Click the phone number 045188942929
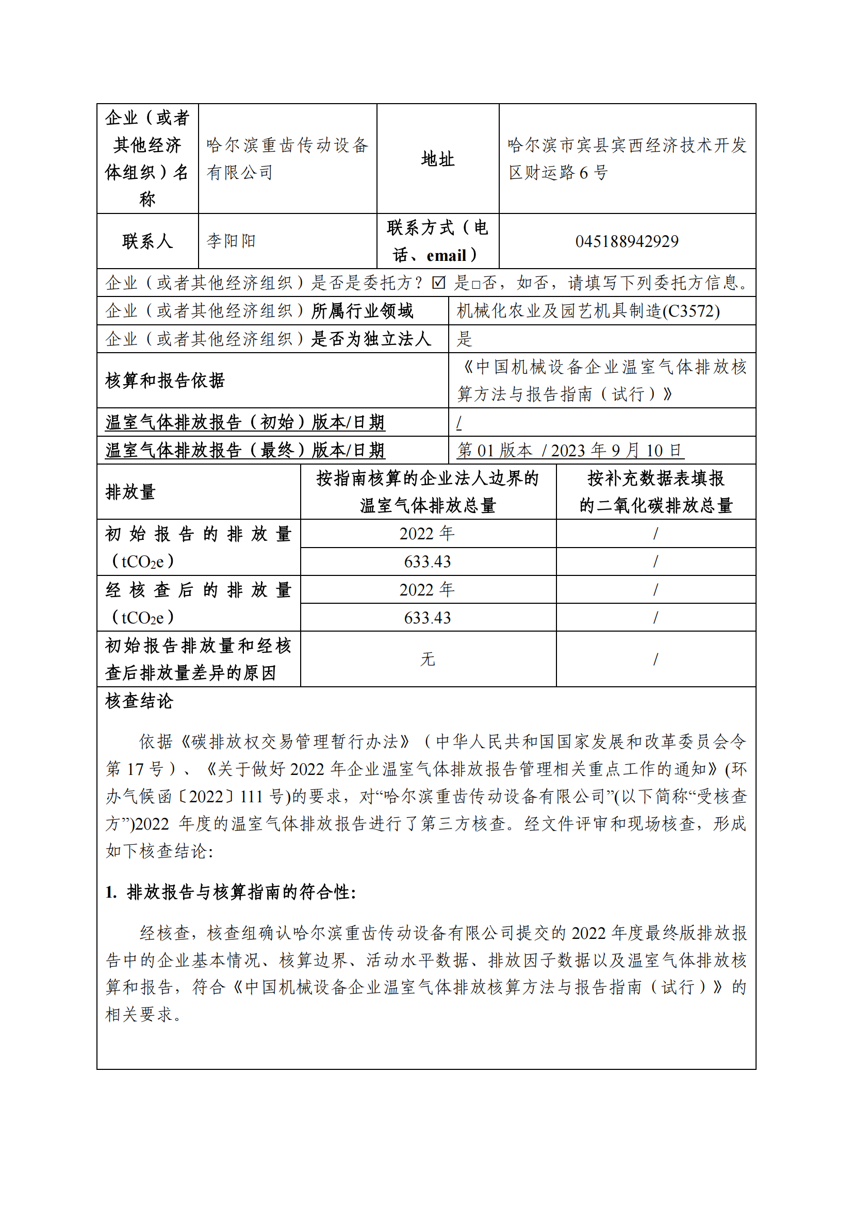coord(627,241)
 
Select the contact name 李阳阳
coord(231,241)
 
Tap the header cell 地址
coord(437,159)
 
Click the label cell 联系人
coord(147,241)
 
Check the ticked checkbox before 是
coord(438,283)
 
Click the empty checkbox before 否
coord(476,285)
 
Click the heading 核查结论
coord(139,701)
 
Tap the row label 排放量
coord(131,492)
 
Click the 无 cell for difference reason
coord(428,658)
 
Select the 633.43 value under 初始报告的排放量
coord(428,561)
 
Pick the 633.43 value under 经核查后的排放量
coord(428,618)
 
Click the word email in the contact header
coord(447,256)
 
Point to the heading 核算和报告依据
coord(165,381)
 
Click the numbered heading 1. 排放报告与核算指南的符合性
coord(231,892)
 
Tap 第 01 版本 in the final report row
coord(495,450)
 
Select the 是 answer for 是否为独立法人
coord(465,339)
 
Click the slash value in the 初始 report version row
coord(459,422)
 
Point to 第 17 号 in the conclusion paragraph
coord(136,769)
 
